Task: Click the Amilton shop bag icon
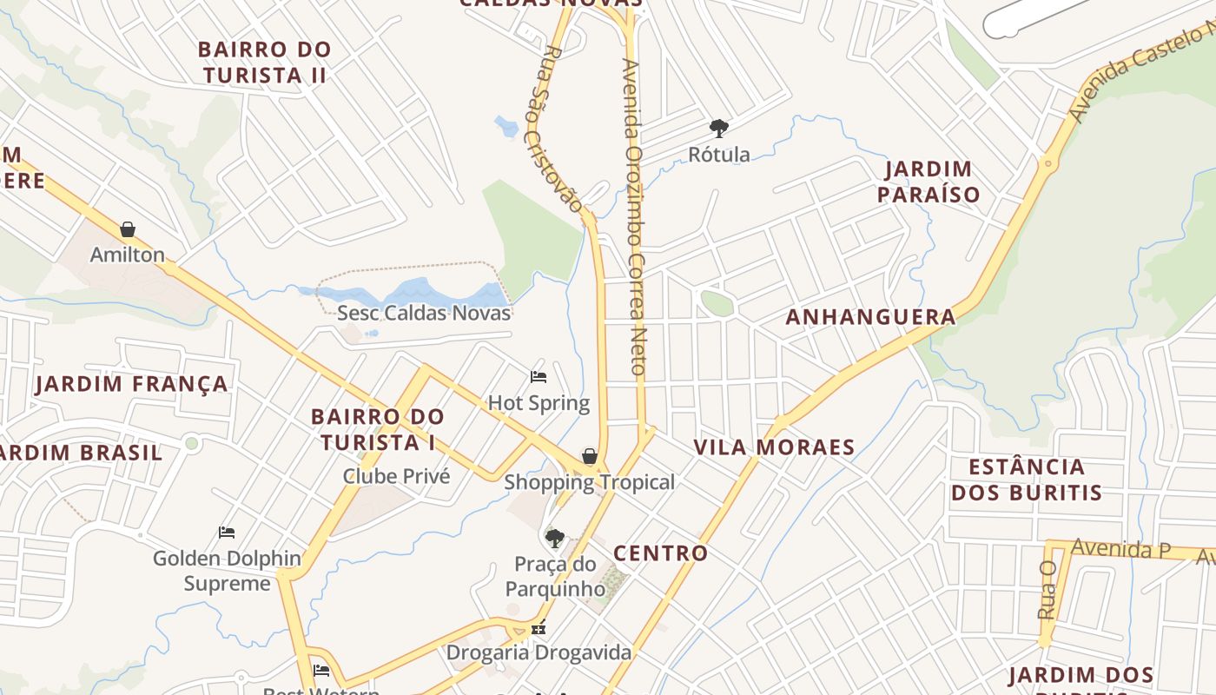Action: pyautogui.click(x=128, y=229)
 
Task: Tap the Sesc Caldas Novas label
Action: pyautogui.click(x=424, y=313)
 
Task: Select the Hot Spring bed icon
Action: pyautogui.click(x=539, y=377)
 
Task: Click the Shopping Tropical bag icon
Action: pyautogui.click(x=590, y=456)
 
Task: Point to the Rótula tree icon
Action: pyautogui.click(x=718, y=129)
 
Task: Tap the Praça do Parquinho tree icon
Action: pyautogui.click(x=554, y=538)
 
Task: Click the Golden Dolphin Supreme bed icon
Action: pyautogui.click(x=227, y=532)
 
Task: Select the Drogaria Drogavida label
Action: pyautogui.click(x=539, y=652)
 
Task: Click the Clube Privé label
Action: pyautogui.click(x=396, y=476)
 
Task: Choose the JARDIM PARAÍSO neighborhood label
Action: pyautogui.click(x=929, y=182)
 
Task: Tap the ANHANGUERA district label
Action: pyautogui.click(x=870, y=317)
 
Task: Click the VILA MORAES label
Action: pyautogui.click(x=774, y=447)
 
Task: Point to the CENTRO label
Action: pyautogui.click(x=660, y=553)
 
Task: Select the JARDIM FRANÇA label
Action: pyautogui.click(x=132, y=384)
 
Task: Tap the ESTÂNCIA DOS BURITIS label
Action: pyautogui.click(x=1026, y=480)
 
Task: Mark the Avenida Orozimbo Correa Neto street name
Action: pyautogui.click(x=635, y=217)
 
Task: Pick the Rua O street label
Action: pyautogui.click(x=1047, y=589)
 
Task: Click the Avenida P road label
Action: pyautogui.click(x=1120, y=548)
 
